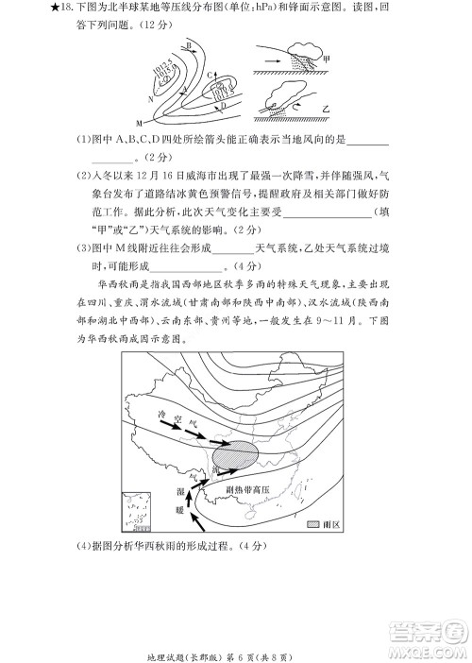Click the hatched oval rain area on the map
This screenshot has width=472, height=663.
point(234,455)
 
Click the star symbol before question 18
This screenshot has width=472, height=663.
point(34,9)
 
